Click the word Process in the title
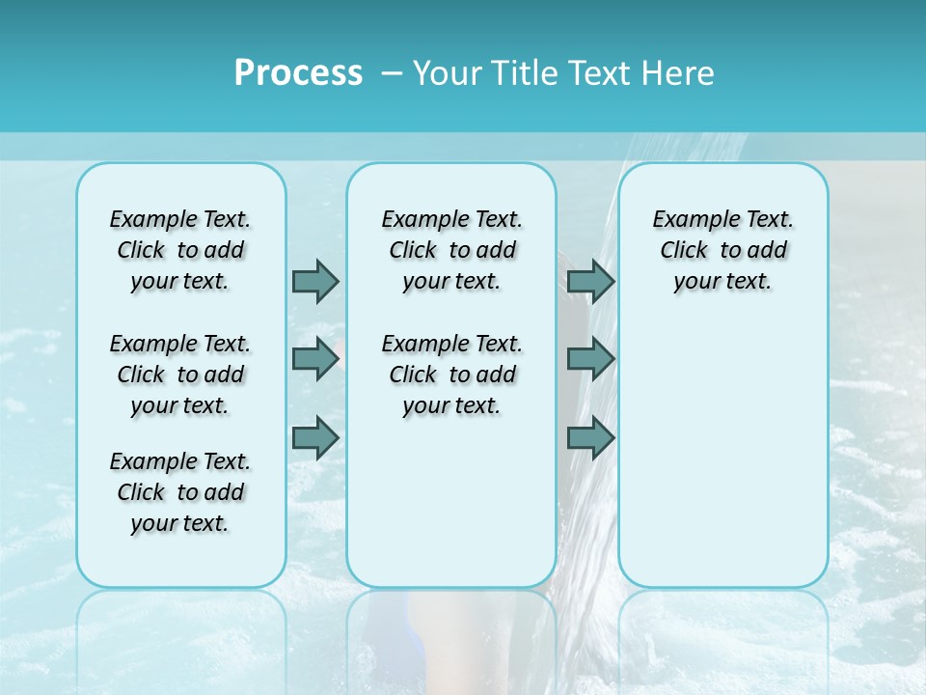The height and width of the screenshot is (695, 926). [298, 73]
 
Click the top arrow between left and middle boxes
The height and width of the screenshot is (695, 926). [315, 281]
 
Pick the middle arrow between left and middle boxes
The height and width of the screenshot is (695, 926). [315, 359]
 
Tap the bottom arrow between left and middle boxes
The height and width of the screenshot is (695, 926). [315, 438]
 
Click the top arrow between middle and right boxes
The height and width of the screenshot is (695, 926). [590, 281]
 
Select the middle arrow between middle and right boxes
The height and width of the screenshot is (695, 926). [590, 359]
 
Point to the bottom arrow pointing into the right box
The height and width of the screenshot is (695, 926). [590, 438]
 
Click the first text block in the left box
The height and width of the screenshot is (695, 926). [180, 250]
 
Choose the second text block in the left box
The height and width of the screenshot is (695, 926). [180, 375]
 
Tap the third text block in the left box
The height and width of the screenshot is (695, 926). [180, 492]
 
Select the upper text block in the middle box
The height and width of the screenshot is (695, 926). [452, 250]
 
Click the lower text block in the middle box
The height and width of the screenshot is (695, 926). [452, 375]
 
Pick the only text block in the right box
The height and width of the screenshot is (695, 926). [723, 250]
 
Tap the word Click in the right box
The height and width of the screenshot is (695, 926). [684, 251]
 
